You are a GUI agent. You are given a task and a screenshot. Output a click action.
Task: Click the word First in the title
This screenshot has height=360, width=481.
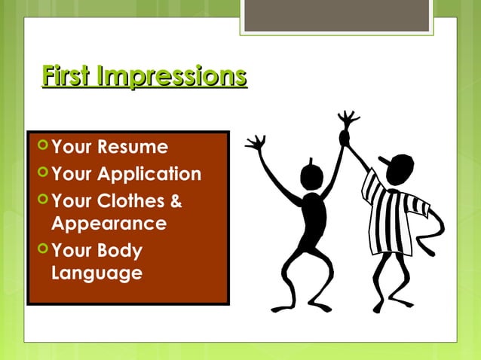(69, 77)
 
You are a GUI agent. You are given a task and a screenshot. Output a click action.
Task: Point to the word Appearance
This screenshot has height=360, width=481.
(109, 224)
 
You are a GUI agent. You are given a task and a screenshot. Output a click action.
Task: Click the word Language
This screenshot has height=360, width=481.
(97, 272)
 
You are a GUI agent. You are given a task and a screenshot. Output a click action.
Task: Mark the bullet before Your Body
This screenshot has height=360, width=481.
(43, 249)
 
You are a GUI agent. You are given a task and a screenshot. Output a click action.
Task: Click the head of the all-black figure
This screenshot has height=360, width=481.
(311, 176)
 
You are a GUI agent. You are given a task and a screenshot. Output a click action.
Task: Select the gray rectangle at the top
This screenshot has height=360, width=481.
(336, 15)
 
